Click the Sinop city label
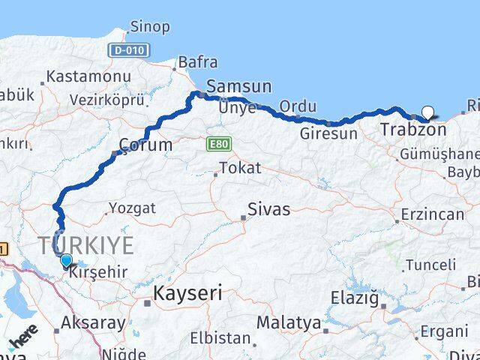coord(149,27)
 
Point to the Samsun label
coord(238,85)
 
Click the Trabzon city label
coord(413,130)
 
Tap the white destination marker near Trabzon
coord(427,113)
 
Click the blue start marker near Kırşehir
coord(66,260)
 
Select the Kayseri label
coord(187,293)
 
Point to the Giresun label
coord(328,134)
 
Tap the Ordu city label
coord(298,106)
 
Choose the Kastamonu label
coord(88,76)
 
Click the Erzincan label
coord(432,214)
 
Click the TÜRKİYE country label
coord(87,244)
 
